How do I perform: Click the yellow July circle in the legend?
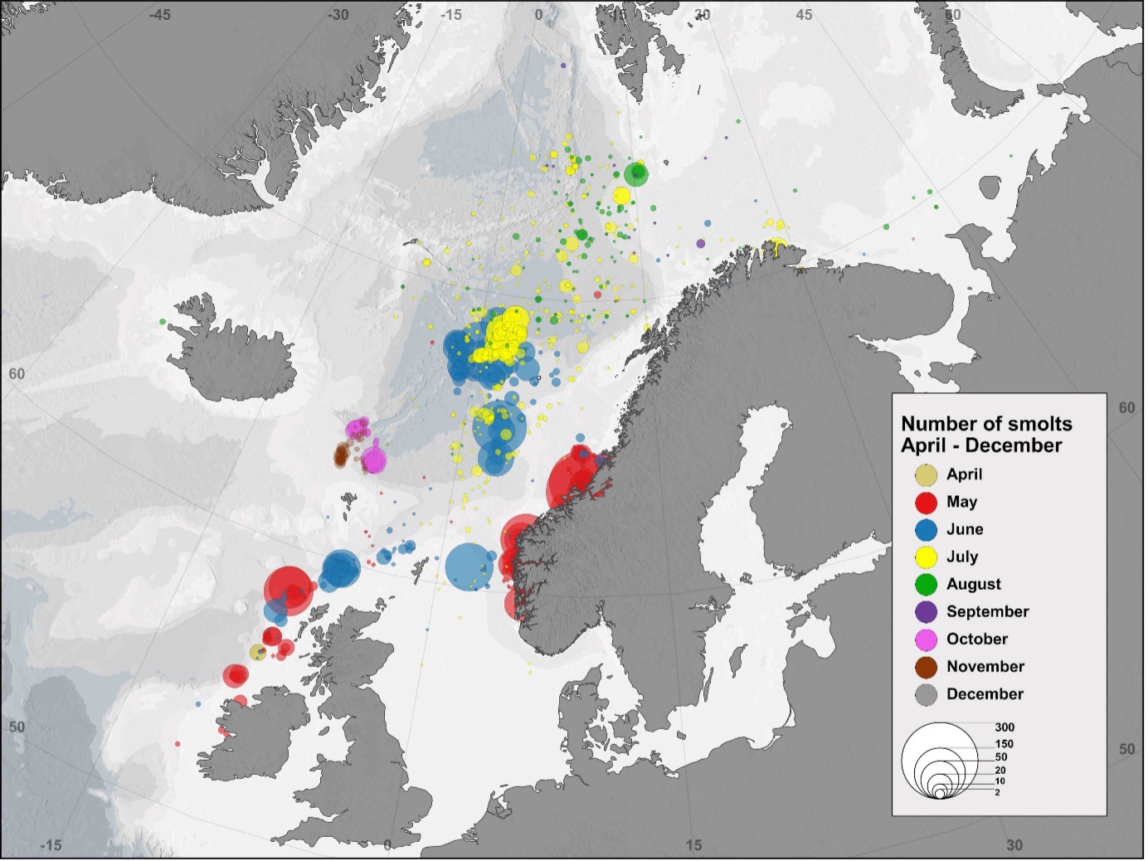click(926, 557)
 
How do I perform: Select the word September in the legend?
click(987, 611)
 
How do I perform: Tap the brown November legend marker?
click(926, 667)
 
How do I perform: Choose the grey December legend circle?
click(926, 694)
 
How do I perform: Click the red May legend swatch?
click(926, 502)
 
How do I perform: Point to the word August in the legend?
click(973, 584)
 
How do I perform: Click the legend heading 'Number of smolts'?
click(986, 424)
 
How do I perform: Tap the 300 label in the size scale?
click(1004, 727)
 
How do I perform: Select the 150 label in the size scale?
click(1004, 744)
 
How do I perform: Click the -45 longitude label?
click(159, 15)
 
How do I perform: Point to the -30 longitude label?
click(338, 15)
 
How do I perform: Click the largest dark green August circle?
click(636, 174)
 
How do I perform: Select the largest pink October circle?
click(374, 460)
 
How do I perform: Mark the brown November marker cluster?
click(340, 455)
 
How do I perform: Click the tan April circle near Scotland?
click(258, 653)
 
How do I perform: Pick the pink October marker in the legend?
click(926, 640)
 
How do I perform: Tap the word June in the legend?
click(964, 529)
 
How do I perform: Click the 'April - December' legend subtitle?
click(981, 445)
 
